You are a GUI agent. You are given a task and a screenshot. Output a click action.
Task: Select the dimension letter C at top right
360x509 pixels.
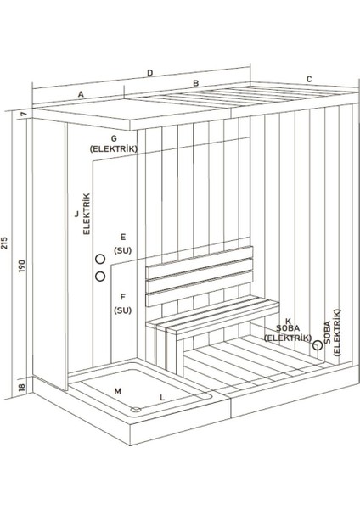click(x=309, y=79)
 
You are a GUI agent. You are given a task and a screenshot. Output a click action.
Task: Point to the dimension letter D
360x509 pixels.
click(x=149, y=73)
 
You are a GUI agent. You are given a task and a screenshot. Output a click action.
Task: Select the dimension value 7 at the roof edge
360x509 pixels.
click(x=25, y=113)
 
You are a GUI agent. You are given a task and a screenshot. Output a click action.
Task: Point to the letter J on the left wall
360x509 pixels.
click(x=76, y=215)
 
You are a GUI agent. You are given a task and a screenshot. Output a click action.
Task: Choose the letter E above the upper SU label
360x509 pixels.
click(x=122, y=237)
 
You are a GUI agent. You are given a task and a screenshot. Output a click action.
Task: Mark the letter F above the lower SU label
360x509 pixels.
click(x=122, y=297)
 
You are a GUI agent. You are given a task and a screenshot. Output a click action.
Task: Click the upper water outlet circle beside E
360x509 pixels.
click(x=100, y=260)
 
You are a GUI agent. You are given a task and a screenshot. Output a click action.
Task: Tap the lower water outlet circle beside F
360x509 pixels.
click(x=100, y=277)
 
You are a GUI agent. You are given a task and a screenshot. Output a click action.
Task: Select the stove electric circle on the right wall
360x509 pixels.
click(x=317, y=345)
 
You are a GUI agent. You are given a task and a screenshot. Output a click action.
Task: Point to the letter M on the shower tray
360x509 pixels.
click(x=117, y=391)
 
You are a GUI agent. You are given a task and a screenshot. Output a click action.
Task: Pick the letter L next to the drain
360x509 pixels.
click(x=161, y=396)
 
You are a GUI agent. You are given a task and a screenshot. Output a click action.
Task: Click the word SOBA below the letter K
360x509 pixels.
click(x=285, y=327)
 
